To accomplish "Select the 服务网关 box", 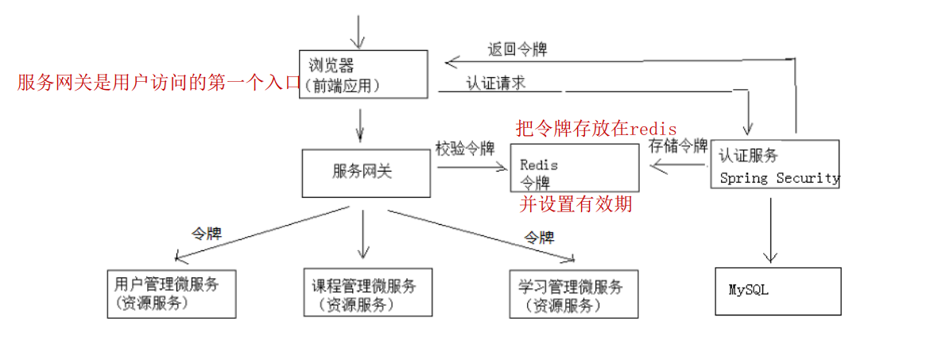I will click(366, 172).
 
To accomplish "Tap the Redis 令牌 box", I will click(574, 168).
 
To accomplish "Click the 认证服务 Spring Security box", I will click(775, 164).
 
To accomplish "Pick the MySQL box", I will click(777, 291).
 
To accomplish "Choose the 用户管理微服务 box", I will click(171, 293).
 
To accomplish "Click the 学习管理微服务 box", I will click(573, 293).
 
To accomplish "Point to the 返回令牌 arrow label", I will click(517, 49).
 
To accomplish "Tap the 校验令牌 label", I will click(465, 149).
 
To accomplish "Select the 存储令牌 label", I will click(677, 146).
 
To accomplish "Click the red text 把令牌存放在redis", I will click(596, 128).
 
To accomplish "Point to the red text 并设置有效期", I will click(576, 205).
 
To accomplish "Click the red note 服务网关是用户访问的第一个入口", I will click(159, 83).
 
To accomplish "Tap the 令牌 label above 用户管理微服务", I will click(206, 234).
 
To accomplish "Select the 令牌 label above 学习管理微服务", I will click(539, 237).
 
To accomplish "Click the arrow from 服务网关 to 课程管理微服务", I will click(363, 233).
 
